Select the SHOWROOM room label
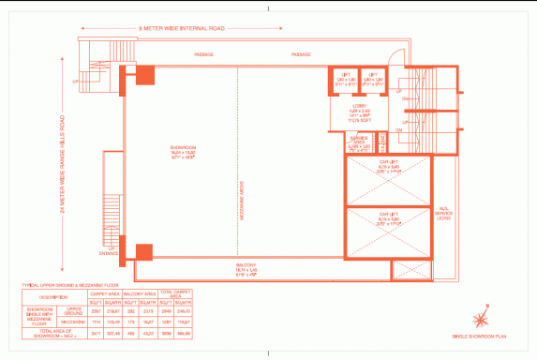[x=182, y=152]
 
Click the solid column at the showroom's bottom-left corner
[x=143, y=253]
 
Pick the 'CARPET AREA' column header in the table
[x=102, y=293]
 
